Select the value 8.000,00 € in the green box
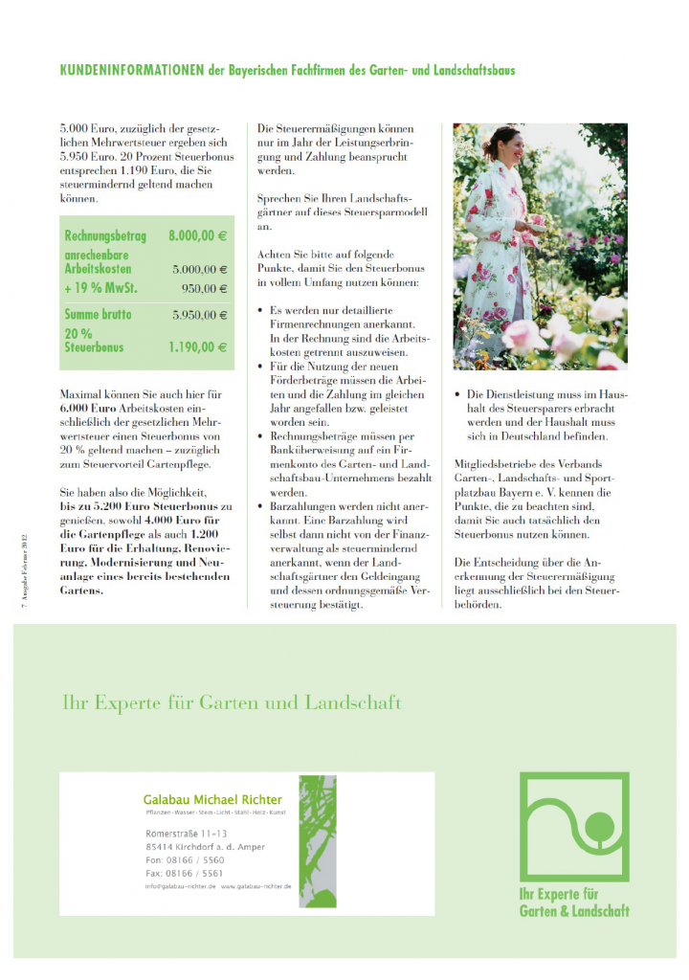coord(197,235)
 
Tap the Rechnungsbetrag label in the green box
coord(104,235)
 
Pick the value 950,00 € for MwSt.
coord(205,288)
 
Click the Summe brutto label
coord(98,314)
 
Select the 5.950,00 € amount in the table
coord(200,314)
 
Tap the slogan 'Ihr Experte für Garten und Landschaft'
coord(231,702)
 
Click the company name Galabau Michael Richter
coord(212,799)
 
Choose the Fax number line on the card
coord(185,873)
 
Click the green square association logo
coord(574,827)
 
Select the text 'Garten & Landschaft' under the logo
coord(574,910)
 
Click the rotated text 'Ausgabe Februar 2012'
coord(26,575)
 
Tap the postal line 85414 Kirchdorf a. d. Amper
coord(205,847)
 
